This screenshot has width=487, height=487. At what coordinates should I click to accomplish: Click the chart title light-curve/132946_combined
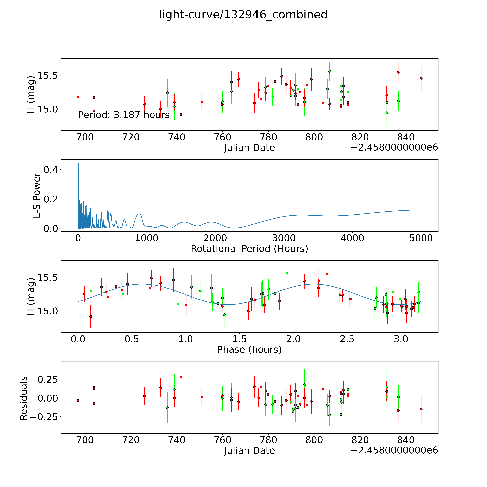pyautogui.click(x=243, y=15)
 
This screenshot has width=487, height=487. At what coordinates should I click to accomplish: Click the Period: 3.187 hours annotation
pyautogui.click(x=124, y=115)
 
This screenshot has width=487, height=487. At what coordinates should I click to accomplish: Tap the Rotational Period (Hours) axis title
pyautogui.click(x=249, y=249)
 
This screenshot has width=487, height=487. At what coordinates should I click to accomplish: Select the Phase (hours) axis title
pyautogui.click(x=249, y=350)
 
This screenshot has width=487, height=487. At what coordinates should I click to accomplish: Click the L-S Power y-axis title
pyautogui.click(x=37, y=195)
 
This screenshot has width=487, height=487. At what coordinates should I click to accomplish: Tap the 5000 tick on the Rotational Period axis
pyautogui.click(x=421, y=238)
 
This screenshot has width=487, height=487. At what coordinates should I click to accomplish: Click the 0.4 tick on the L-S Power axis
pyautogui.click(x=51, y=170)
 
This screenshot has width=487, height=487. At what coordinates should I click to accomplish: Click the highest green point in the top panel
pyautogui.click(x=329, y=71)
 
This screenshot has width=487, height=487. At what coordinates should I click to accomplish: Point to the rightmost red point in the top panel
pyautogui.click(x=421, y=78)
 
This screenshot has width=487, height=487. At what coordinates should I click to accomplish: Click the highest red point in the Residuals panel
pyautogui.click(x=181, y=377)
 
